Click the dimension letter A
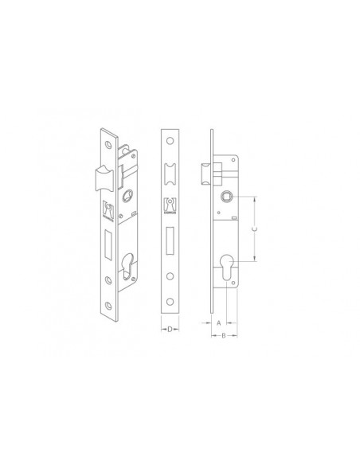[219, 322]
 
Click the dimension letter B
[224, 335]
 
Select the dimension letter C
[254, 229]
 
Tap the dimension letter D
[170, 329]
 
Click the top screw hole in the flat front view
[170, 141]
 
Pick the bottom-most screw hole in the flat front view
[170, 302]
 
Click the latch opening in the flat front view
[170, 174]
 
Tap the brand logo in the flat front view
[170, 205]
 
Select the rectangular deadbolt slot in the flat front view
[170, 240]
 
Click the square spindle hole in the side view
[227, 197]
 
